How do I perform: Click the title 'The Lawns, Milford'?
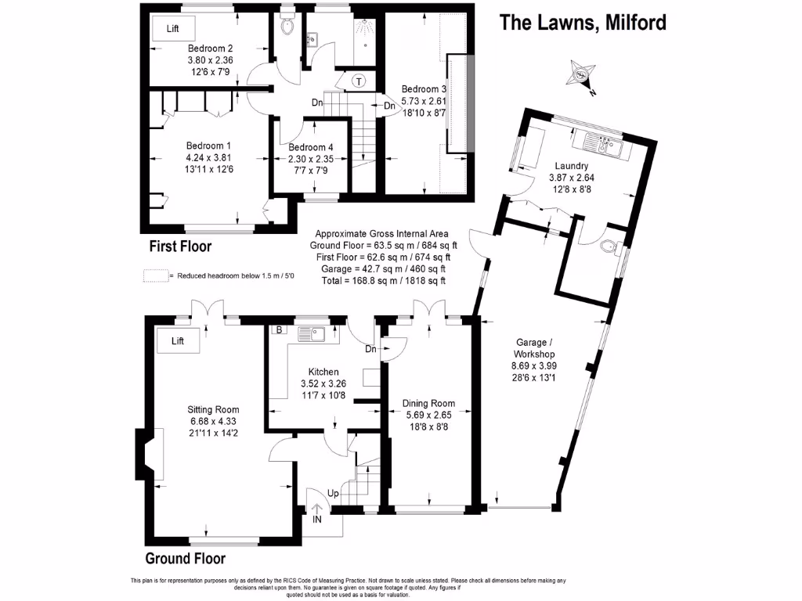coord(583,23)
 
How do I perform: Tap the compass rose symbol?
coord(582,76)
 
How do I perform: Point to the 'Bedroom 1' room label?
coord(208,146)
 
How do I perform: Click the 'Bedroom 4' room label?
coord(310,147)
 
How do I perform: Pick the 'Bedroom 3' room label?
coord(423,89)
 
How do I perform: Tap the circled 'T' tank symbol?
coord(359,81)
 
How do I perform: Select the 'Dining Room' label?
coord(428,404)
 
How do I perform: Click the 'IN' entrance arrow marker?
coord(317,513)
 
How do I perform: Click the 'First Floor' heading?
coord(181,247)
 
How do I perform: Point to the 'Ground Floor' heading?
coord(186,558)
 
